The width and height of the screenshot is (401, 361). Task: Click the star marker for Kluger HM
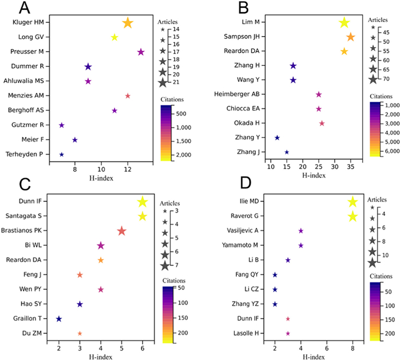[127, 23]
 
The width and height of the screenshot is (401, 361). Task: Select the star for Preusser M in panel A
[141, 52]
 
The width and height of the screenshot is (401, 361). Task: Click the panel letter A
[25, 8]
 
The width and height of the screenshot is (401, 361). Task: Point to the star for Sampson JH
[350, 37]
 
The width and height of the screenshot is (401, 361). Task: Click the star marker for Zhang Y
[277, 138]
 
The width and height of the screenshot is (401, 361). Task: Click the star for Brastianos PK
[121, 231]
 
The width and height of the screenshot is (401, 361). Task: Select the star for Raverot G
[352, 216]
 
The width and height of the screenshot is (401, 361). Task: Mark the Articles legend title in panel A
[168, 20]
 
